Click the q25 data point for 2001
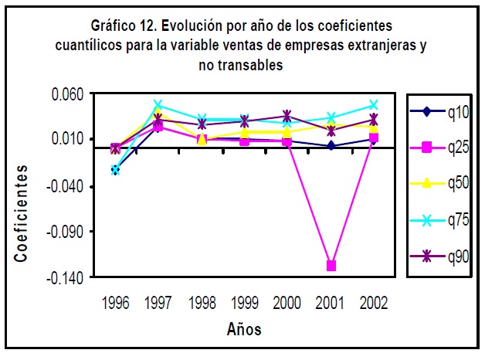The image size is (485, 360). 331,266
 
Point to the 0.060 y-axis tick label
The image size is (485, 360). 66,94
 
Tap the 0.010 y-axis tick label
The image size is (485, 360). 66,140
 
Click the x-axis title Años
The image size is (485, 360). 244,330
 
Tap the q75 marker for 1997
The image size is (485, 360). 158,104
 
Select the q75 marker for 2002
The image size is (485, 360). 374,104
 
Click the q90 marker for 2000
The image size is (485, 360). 287,116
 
